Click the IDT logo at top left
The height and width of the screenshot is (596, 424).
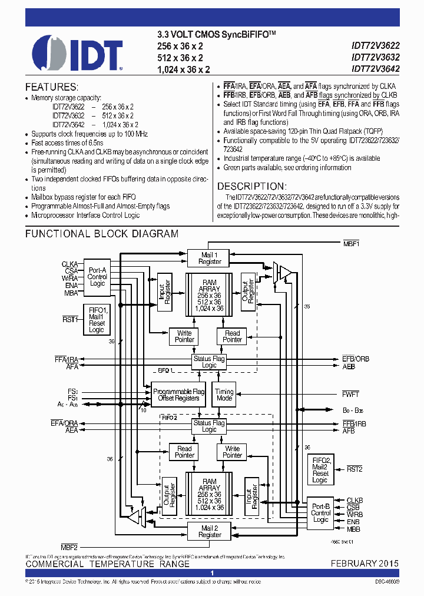click(77, 53)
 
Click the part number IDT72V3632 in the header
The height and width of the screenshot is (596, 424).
click(375, 57)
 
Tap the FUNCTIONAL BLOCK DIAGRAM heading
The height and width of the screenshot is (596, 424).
click(102, 234)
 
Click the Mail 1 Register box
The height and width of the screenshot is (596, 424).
click(210, 258)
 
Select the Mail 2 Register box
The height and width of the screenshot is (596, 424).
click(210, 531)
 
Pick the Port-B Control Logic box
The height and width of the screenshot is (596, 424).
click(320, 512)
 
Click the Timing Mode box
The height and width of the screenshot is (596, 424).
click(224, 395)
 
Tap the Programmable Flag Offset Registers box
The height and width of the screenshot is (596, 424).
click(178, 395)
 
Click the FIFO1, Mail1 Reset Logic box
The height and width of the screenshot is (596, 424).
click(97, 320)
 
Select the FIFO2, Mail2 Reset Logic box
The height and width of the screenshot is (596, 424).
click(320, 470)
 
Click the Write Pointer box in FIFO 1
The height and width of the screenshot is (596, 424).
click(184, 336)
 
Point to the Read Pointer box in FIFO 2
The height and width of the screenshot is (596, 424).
click(184, 452)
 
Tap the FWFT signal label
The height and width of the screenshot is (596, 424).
click(350, 394)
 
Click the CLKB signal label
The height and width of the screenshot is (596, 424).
click(355, 500)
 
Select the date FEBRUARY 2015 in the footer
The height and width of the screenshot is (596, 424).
click(364, 564)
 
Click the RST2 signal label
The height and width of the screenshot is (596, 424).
click(355, 469)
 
